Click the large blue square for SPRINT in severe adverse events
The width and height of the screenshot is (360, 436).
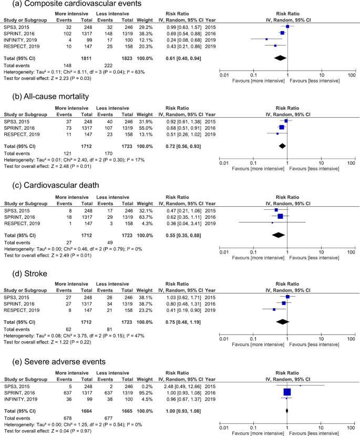pyautogui.click(x=287, y=392)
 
